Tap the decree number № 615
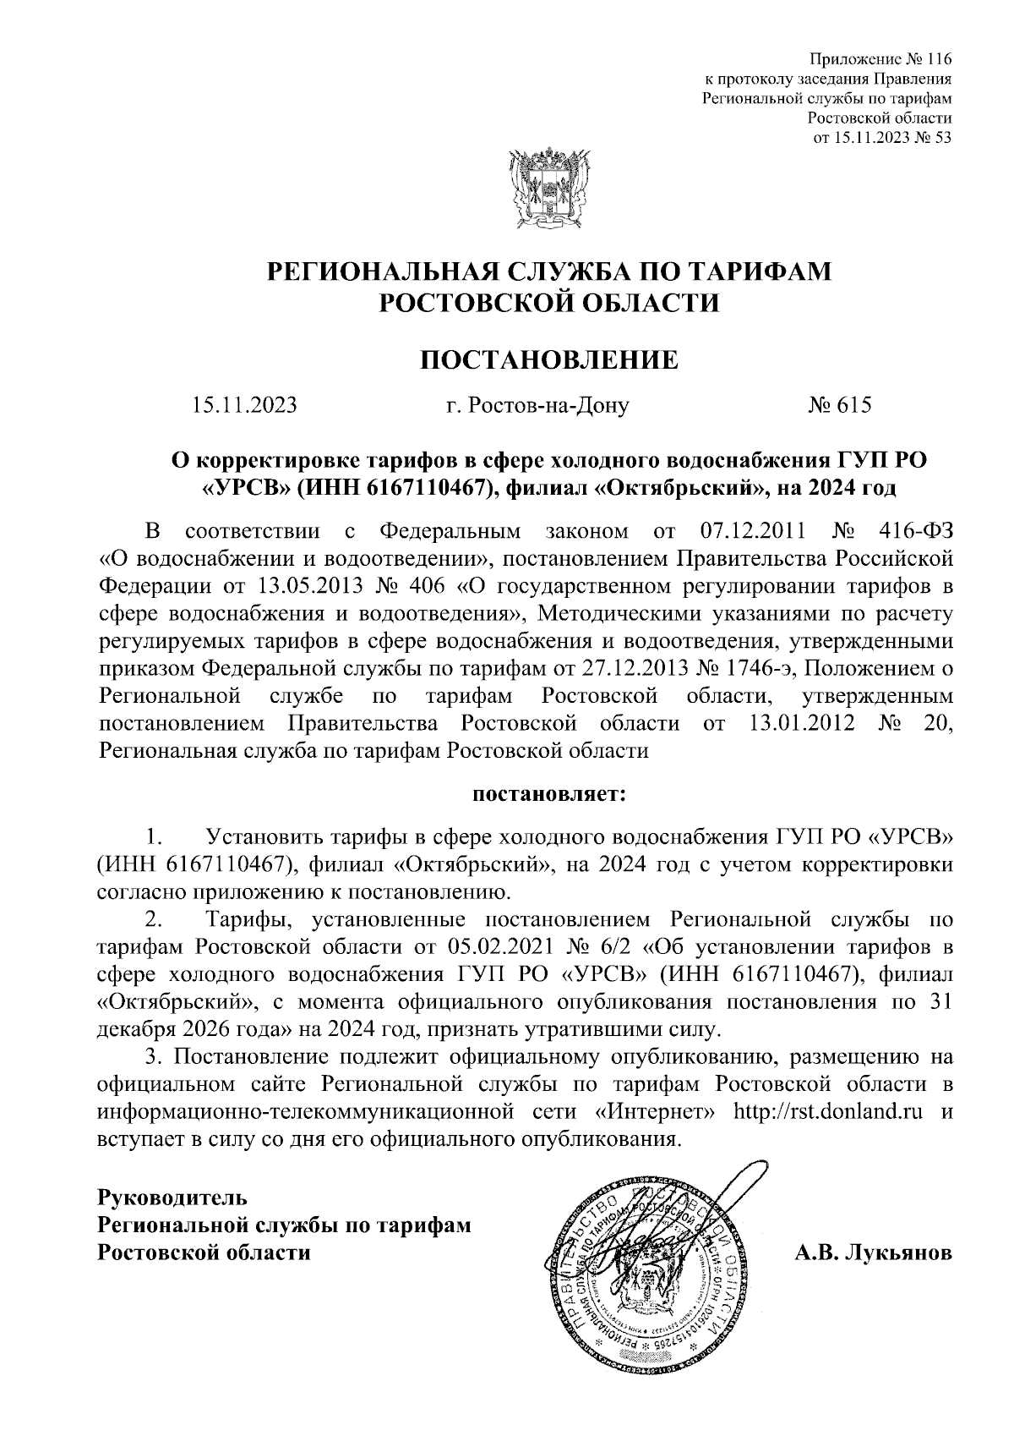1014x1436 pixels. click(838, 406)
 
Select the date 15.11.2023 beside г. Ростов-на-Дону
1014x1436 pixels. click(244, 406)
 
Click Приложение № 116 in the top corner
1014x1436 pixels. click(880, 59)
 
